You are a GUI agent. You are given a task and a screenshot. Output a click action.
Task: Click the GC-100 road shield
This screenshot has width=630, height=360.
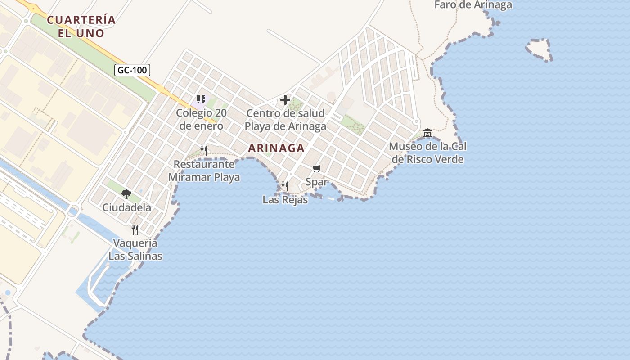coord(132,70)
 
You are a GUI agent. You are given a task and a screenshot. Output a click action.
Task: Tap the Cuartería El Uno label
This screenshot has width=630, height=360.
coord(81,27)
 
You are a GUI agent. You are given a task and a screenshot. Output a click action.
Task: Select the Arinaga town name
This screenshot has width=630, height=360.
coord(276,148)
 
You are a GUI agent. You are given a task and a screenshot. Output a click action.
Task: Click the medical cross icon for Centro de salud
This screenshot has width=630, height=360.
coord(285,100)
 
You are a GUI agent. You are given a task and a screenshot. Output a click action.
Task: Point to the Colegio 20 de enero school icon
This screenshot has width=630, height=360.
coord(201,99)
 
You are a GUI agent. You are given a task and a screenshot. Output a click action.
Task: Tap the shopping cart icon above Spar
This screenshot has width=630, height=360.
coord(317,169)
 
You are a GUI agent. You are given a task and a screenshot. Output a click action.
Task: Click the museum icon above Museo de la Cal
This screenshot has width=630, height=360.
coord(427,133)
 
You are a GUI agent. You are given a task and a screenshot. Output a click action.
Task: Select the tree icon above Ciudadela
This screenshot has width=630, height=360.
coord(126,194)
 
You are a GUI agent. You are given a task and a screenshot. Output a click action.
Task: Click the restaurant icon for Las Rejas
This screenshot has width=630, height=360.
coord(285,186)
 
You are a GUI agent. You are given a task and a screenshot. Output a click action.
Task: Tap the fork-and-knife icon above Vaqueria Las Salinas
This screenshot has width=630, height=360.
coord(135,230)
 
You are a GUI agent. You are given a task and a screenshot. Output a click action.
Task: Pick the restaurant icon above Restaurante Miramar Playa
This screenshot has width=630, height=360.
coord(204,151)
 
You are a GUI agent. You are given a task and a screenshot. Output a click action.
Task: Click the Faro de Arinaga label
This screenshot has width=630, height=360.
coord(473,5)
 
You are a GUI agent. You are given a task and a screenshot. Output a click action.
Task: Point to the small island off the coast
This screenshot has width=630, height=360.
coord(539,49)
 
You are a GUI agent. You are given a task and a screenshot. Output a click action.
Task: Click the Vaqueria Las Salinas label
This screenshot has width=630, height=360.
coord(135,250)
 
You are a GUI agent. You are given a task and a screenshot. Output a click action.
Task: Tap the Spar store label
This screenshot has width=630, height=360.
coord(316,183)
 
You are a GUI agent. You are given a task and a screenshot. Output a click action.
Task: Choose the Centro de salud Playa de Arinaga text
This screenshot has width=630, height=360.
coord(285,120)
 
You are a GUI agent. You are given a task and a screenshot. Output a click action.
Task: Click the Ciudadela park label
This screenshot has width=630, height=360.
coord(126,207)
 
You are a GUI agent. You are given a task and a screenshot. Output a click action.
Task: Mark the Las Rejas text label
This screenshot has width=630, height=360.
coord(285,200)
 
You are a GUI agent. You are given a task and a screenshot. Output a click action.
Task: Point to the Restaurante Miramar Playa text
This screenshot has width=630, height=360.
coord(204,171)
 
